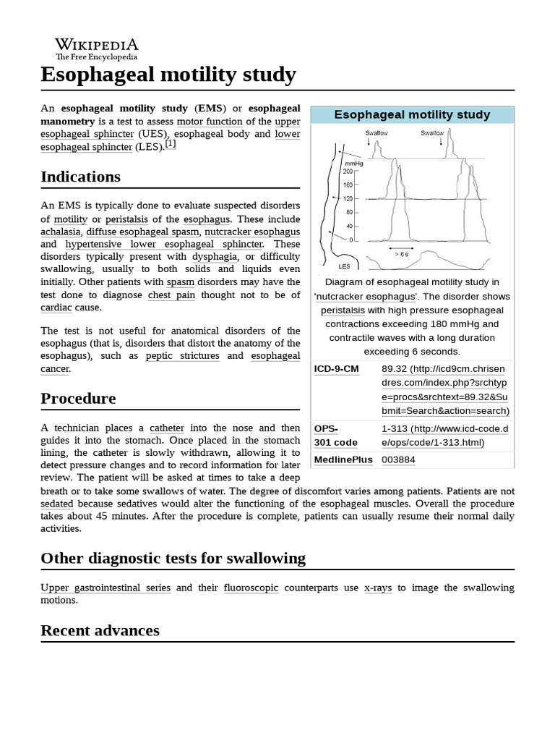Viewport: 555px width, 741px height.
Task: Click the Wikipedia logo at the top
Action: click(96, 48)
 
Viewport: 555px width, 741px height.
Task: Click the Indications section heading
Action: click(80, 177)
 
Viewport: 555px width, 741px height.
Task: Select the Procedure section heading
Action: click(78, 399)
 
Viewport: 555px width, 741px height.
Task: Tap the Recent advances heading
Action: click(100, 630)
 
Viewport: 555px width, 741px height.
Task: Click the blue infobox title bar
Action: click(412, 114)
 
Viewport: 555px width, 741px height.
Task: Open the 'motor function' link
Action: click(210, 121)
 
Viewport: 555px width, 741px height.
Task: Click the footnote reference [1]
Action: click(170, 144)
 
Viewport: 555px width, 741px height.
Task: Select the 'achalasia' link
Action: click(61, 232)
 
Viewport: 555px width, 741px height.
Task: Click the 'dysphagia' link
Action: click(215, 256)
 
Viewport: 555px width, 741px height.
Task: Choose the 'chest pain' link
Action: click(171, 295)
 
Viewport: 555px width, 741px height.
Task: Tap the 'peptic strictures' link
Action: click(182, 356)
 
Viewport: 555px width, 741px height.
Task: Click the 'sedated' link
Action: click(57, 503)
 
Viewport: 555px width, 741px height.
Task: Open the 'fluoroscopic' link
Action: click(251, 588)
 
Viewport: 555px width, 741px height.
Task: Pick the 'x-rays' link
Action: click(378, 588)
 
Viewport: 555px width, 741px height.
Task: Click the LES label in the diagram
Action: click(344, 266)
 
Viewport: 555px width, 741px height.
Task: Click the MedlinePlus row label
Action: click(343, 460)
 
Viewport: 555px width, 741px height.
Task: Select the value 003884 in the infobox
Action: click(398, 460)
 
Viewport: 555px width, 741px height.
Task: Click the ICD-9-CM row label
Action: click(337, 369)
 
